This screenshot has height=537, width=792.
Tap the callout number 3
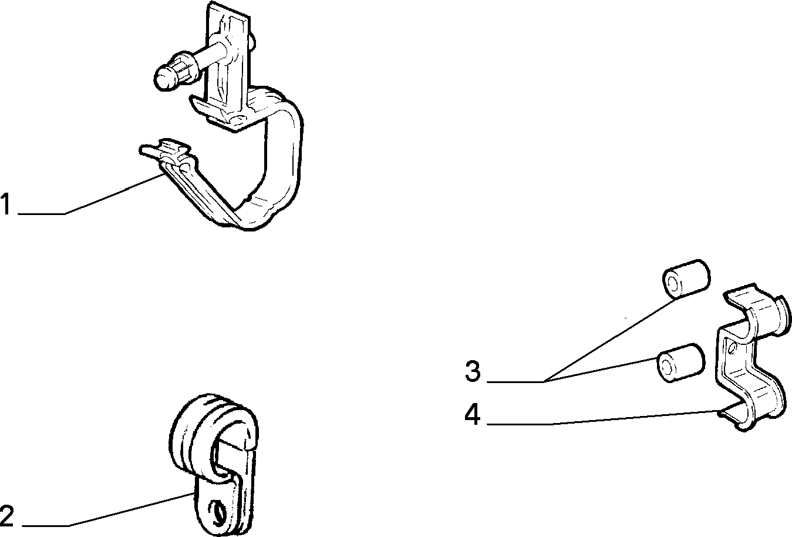pos(473,371)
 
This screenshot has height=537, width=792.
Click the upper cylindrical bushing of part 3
pos(686,279)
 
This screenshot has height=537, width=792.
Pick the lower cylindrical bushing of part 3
pos(680,363)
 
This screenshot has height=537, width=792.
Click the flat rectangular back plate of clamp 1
pos(228,63)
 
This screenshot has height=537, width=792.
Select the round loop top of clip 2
pos(212,430)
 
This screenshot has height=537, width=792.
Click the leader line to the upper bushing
pos(608,340)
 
